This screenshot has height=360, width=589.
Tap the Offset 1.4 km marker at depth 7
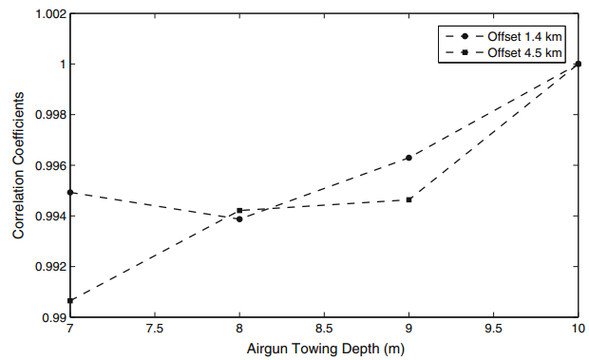(x=70, y=193)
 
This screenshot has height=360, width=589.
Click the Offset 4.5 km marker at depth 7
(x=70, y=300)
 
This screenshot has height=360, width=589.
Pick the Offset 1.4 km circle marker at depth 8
(x=239, y=218)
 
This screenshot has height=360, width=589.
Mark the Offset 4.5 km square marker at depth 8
(x=239, y=210)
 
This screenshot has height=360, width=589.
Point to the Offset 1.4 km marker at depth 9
(x=408, y=158)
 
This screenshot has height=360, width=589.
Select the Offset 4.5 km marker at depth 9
(x=408, y=199)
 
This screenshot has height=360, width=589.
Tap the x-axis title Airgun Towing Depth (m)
(x=324, y=351)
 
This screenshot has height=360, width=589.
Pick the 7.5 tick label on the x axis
(x=155, y=330)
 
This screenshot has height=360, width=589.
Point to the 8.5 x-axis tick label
(x=324, y=330)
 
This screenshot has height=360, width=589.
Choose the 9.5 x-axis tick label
(x=493, y=330)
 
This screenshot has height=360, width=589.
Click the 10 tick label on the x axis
(x=577, y=330)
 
